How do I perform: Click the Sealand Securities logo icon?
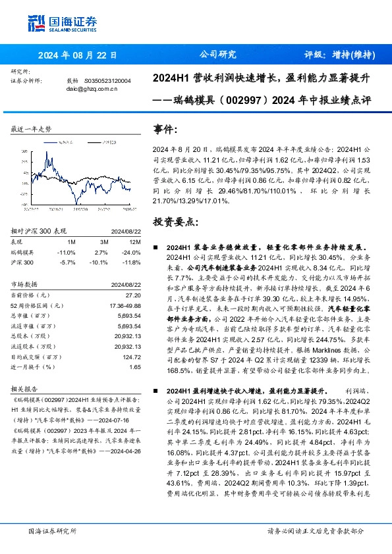point(36,23)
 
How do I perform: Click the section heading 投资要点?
point(174,222)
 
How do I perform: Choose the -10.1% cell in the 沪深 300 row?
point(98,262)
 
